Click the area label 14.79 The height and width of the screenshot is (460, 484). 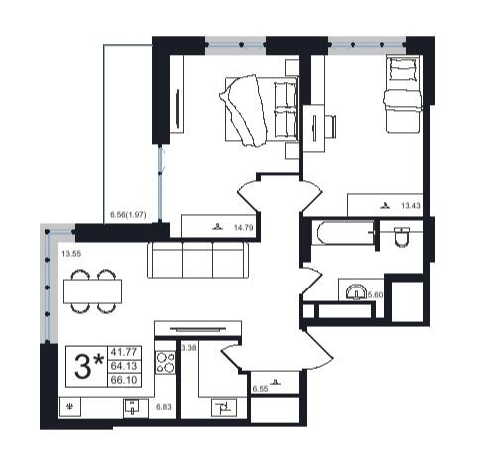click(243, 228)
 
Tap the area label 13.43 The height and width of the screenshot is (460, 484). click(411, 206)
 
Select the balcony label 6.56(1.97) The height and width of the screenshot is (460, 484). click(128, 215)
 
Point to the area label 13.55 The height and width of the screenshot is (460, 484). click(71, 254)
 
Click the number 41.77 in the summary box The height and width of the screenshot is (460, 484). click(124, 352)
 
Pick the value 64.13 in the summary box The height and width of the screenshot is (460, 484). click(124, 366)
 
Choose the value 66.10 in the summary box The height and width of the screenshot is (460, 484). click(124, 380)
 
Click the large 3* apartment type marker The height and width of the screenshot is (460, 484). click(89, 366)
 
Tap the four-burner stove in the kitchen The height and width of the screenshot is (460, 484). click(165, 362)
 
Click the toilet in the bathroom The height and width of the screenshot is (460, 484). click(402, 237)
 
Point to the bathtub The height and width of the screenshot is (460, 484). click(343, 233)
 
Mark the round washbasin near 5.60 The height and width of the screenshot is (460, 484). click(356, 292)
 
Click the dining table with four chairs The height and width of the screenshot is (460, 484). click(93, 291)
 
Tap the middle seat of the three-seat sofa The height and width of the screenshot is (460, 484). click(197, 260)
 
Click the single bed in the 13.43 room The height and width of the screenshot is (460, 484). click(404, 94)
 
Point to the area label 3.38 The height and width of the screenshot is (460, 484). click(189, 348)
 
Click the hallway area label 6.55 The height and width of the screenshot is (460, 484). click(260, 389)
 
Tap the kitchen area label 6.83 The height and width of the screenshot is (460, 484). click(164, 407)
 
